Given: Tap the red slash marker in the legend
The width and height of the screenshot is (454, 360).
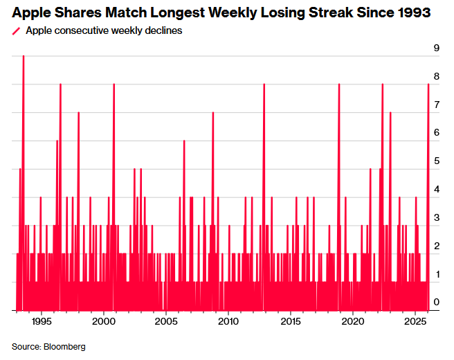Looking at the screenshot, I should click(16, 31).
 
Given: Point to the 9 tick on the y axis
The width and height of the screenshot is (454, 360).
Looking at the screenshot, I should click(437, 48).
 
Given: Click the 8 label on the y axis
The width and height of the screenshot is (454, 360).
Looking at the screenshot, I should click(437, 76).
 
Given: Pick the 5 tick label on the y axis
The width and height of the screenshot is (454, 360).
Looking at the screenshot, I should click(437, 161).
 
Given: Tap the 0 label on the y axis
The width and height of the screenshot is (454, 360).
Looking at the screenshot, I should click(437, 303).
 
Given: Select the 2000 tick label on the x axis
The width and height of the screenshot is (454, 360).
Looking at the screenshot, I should click(103, 323).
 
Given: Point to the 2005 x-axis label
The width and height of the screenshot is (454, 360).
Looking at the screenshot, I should click(165, 323).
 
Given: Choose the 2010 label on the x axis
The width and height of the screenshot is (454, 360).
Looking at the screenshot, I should click(228, 323).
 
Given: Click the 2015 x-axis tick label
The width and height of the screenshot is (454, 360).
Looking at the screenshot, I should click(291, 323).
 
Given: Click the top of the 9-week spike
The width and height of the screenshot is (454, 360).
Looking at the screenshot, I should click(24, 56).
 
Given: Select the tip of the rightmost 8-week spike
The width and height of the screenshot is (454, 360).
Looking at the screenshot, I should click(428, 84).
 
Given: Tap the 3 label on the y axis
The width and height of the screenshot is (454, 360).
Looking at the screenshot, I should click(437, 217).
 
